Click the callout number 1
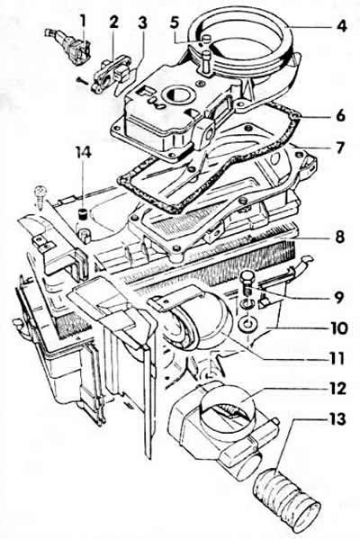(83, 22)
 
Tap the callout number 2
(113, 22)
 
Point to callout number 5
(175, 22)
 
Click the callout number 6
(339, 115)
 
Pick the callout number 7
(339, 148)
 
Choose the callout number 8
(339, 237)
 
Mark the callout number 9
(338, 297)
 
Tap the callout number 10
(338, 328)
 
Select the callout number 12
(337, 389)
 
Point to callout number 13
(336, 419)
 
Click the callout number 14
(83, 151)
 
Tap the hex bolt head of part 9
(247, 277)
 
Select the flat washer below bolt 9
(246, 323)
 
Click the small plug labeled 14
(83, 213)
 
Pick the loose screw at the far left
(40, 195)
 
